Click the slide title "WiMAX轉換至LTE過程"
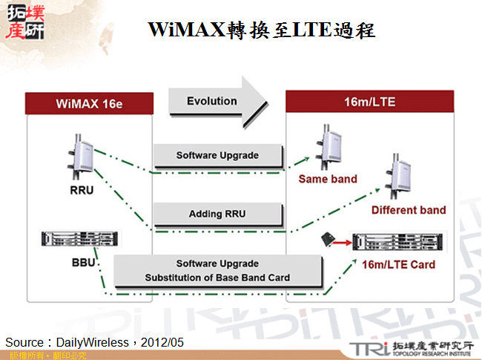pyautogui.click(x=261, y=30)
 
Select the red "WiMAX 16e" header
pyautogui.click(x=89, y=102)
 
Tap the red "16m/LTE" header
pyautogui.click(x=369, y=101)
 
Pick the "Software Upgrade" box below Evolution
pyautogui.click(x=217, y=156)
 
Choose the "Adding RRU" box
pyautogui.click(x=217, y=214)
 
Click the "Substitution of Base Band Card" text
pyautogui.click(x=217, y=278)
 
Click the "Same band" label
pyautogui.click(x=328, y=179)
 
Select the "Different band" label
pyautogui.click(x=409, y=210)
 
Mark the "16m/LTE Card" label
pyautogui.click(x=399, y=264)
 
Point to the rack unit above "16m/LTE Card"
pyautogui.click(x=400, y=241)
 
